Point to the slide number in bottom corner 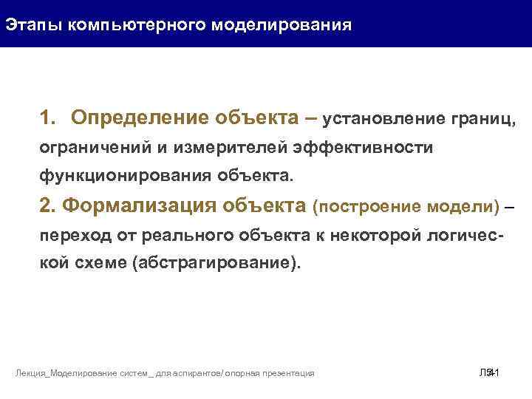(x=490, y=373)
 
